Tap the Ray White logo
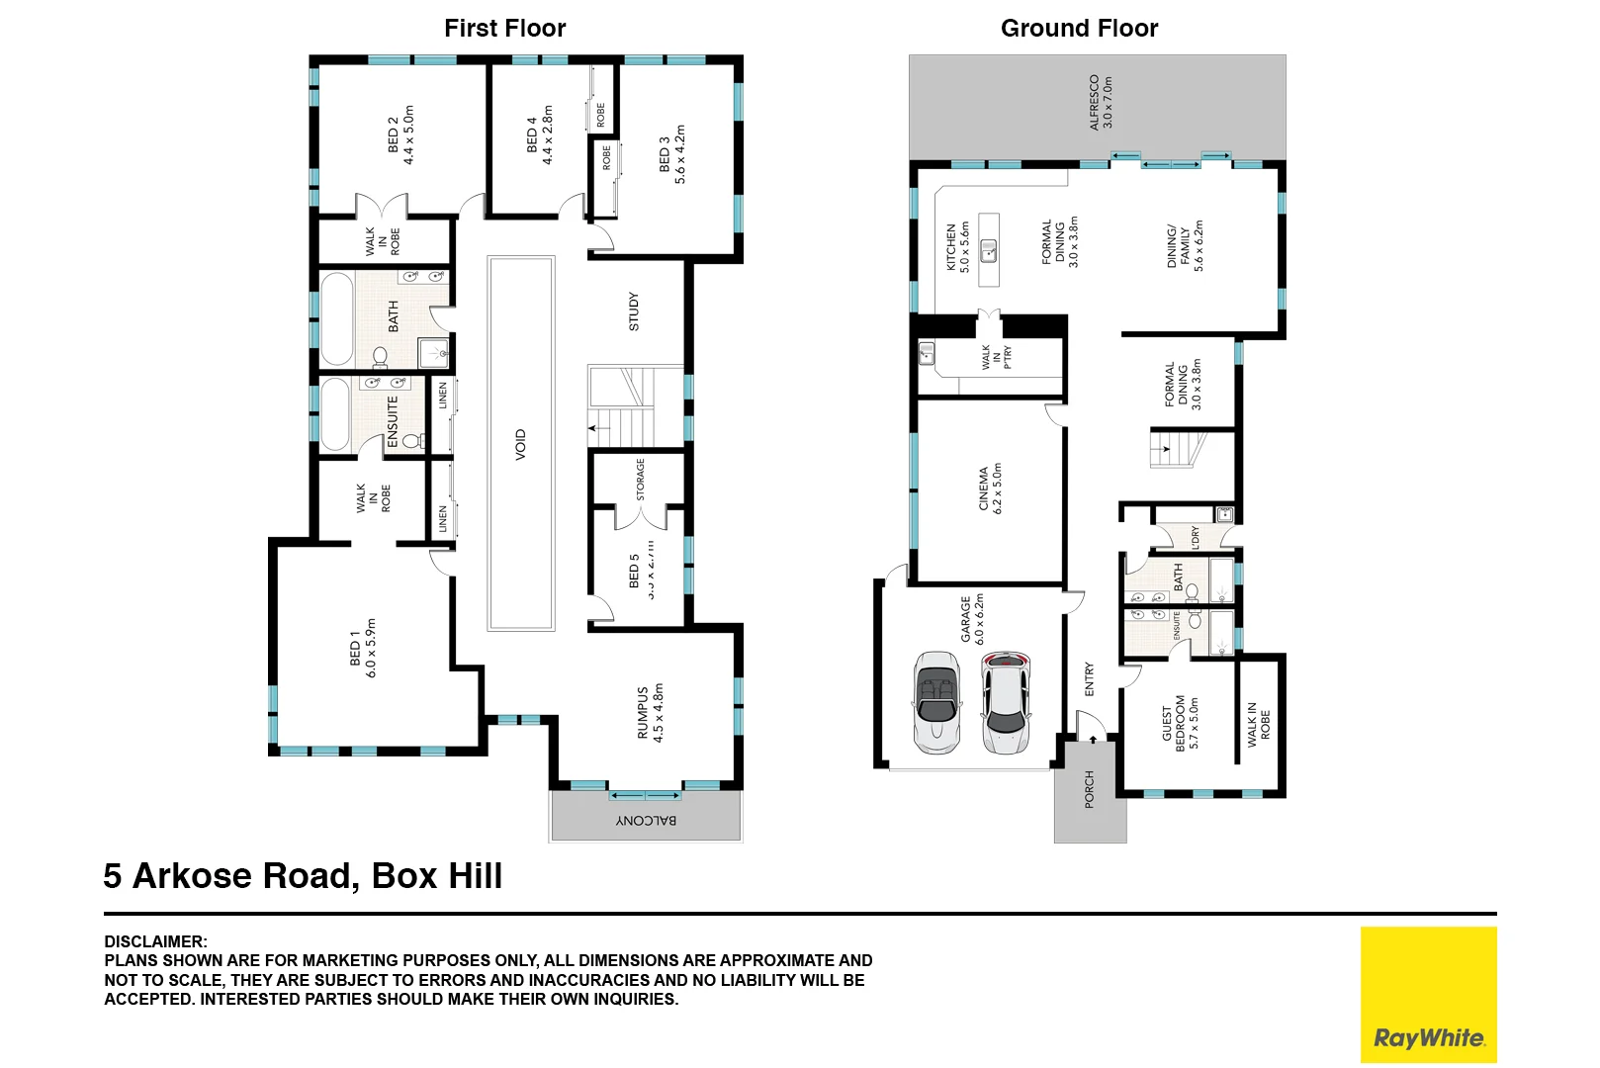tap(1428, 995)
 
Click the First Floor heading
tap(504, 29)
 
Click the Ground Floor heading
tap(1079, 29)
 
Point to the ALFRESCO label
tap(1101, 102)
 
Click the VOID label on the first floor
tap(520, 445)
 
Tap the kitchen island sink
tap(988, 250)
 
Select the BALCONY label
tap(647, 821)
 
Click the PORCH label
tap(1090, 789)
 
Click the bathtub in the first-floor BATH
tap(336, 319)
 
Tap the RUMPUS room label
tap(650, 713)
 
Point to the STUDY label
tap(634, 311)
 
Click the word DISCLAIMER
tap(155, 941)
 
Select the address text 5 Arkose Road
tap(303, 876)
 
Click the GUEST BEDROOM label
tap(1180, 723)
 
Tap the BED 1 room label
tap(363, 648)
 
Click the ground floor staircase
tap(1177, 450)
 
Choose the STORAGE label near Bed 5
tap(640, 480)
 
